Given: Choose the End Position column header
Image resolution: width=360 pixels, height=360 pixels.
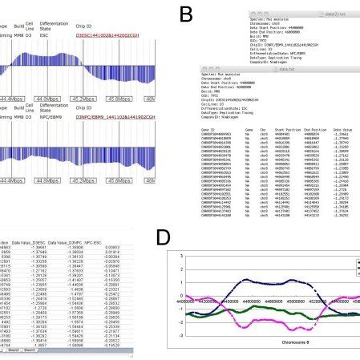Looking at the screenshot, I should (303, 127).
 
